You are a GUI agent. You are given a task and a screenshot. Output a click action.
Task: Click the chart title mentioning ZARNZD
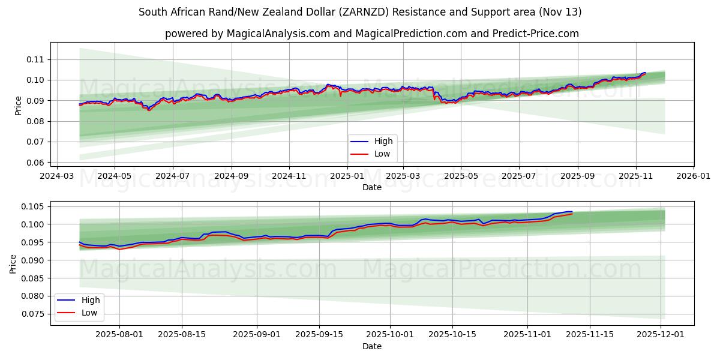pyautogui.click(x=360, y=12)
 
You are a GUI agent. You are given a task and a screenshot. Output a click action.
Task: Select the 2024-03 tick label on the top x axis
pyautogui.click(x=56, y=176)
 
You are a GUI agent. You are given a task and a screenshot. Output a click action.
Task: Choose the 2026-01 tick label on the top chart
pyautogui.click(x=693, y=176)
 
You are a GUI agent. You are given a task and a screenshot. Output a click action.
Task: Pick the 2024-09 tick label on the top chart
pyautogui.click(x=231, y=176)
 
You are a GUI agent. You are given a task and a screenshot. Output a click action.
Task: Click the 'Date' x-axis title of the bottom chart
pyautogui.click(x=372, y=347)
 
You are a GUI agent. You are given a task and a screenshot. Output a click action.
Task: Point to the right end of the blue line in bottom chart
pyautogui.click(x=572, y=212)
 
